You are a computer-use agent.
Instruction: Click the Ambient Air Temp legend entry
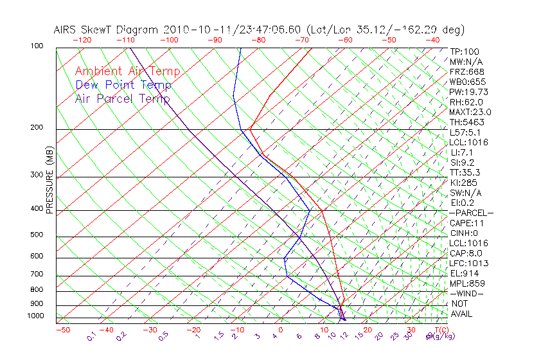coord(127,71)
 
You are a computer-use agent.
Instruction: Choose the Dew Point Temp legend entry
coord(123,85)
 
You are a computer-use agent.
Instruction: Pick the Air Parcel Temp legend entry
coord(122,98)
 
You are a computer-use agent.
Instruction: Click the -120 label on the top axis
coord(82,40)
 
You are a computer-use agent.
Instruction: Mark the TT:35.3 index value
coord(465,172)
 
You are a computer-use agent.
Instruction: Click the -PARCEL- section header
coord(471,213)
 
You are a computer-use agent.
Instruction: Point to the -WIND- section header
coord(466,293)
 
